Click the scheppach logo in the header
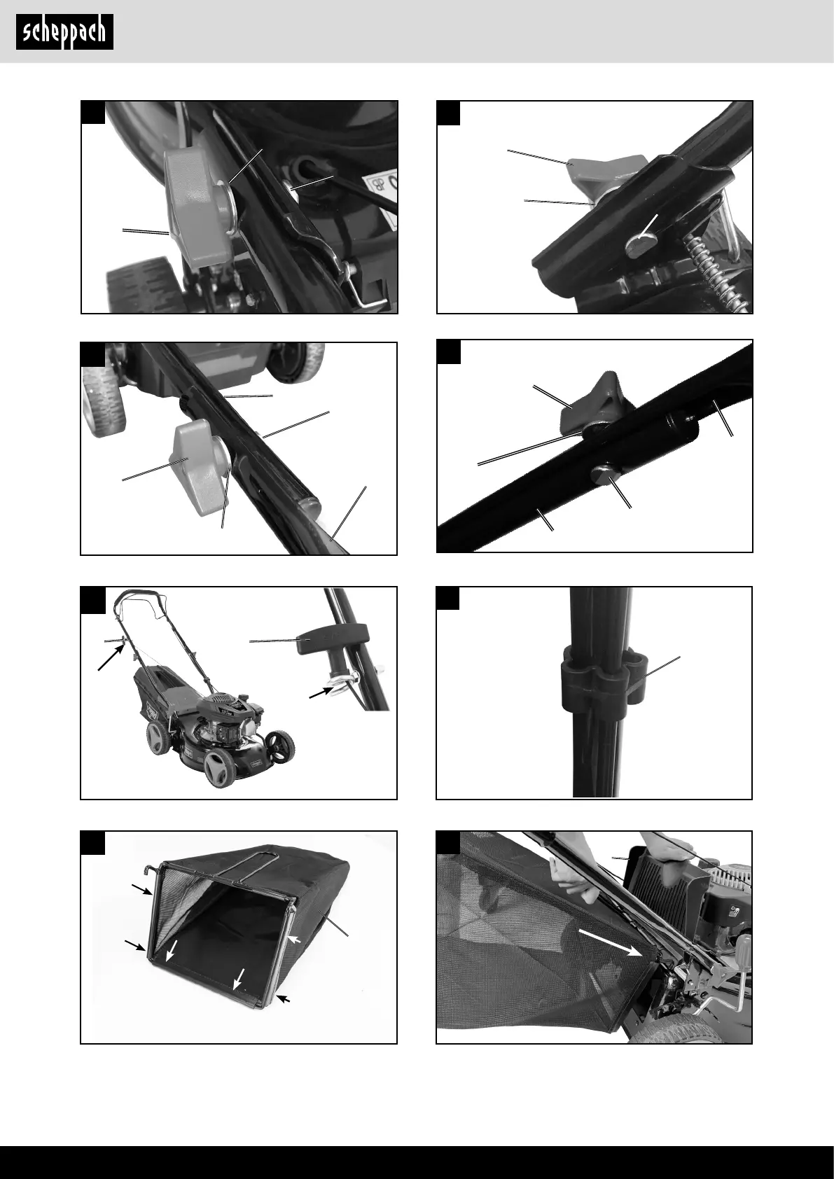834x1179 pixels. coord(64,32)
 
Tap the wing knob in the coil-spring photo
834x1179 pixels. coord(608,173)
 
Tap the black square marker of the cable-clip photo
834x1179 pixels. coord(447,599)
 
